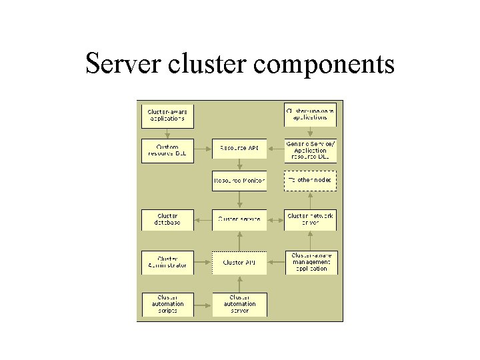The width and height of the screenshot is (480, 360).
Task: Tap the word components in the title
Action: click(325, 65)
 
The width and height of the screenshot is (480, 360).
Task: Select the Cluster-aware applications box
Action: click(167, 115)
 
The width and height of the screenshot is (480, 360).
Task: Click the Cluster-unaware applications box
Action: click(310, 114)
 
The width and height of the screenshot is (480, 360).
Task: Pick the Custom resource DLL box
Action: click(167, 151)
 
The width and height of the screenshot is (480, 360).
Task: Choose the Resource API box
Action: click(239, 148)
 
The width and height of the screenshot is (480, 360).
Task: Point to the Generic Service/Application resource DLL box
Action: click(310, 151)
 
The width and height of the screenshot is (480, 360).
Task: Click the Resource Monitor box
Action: click(239, 181)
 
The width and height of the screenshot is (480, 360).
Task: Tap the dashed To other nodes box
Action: click(310, 181)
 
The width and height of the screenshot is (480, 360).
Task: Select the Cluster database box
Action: click(167, 219)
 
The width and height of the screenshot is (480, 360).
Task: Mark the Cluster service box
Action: click(239, 219)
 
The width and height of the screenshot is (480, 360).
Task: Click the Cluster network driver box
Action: click(310, 219)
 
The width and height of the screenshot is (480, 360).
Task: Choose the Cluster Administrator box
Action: click(167, 262)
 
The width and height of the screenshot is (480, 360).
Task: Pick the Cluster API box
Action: click(239, 262)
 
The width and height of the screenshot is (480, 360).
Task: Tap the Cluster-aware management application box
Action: click(310, 262)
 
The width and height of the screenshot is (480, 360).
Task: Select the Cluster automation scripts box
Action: click(167, 304)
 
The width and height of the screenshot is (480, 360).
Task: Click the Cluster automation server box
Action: click(239, 304)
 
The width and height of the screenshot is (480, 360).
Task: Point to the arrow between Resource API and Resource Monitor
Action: click(239, 164)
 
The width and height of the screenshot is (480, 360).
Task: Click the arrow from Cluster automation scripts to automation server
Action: click(203, 305)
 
